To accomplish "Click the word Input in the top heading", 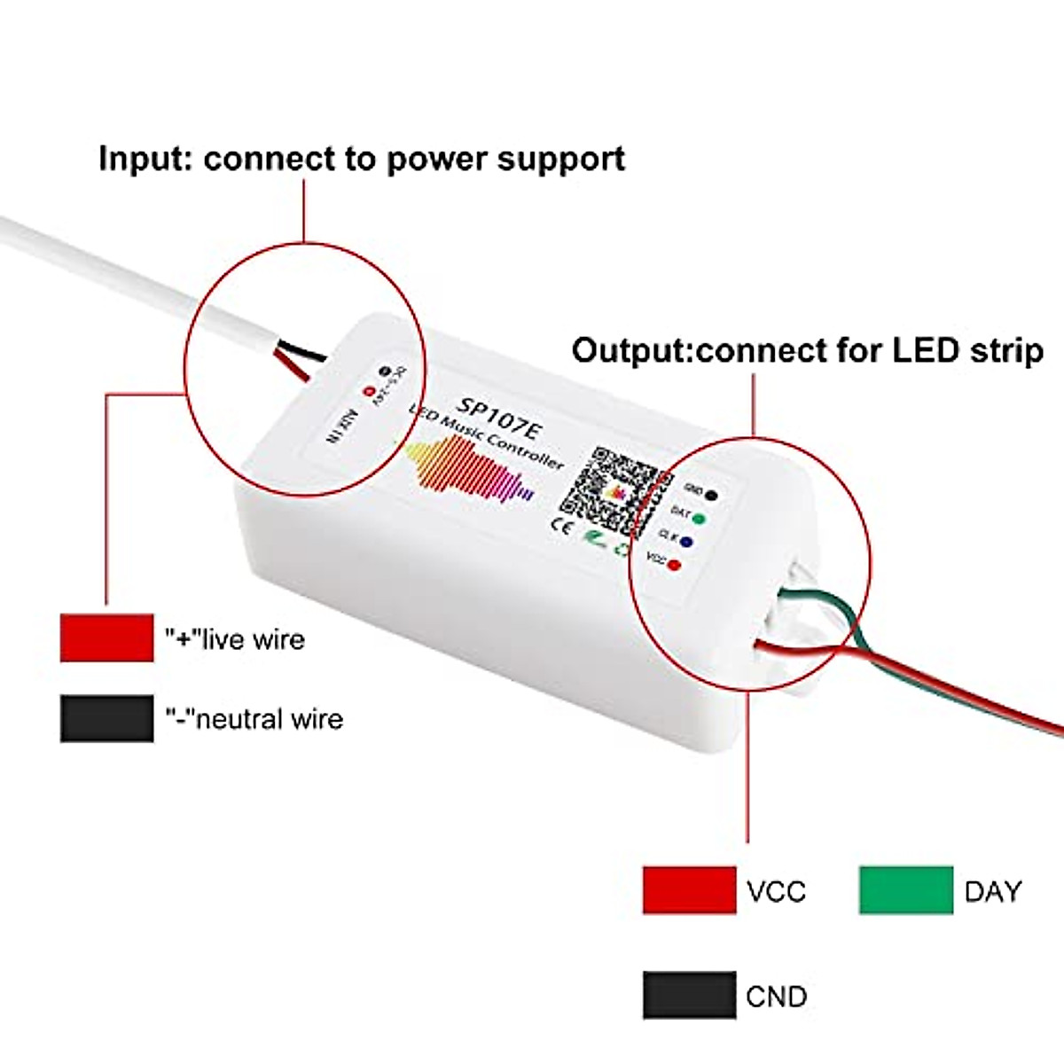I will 145,159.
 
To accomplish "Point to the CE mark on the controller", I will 562,524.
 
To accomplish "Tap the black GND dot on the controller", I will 711,495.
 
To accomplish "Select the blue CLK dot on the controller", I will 686,541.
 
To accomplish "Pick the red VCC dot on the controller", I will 674,564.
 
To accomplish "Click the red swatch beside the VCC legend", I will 689,890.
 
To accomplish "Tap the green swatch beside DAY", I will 905,890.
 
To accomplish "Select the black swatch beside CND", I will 689,995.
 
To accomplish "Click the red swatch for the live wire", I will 106,638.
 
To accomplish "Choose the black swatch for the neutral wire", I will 106,718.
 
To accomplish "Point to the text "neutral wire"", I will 268,718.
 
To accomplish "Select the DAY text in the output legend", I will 992,891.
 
